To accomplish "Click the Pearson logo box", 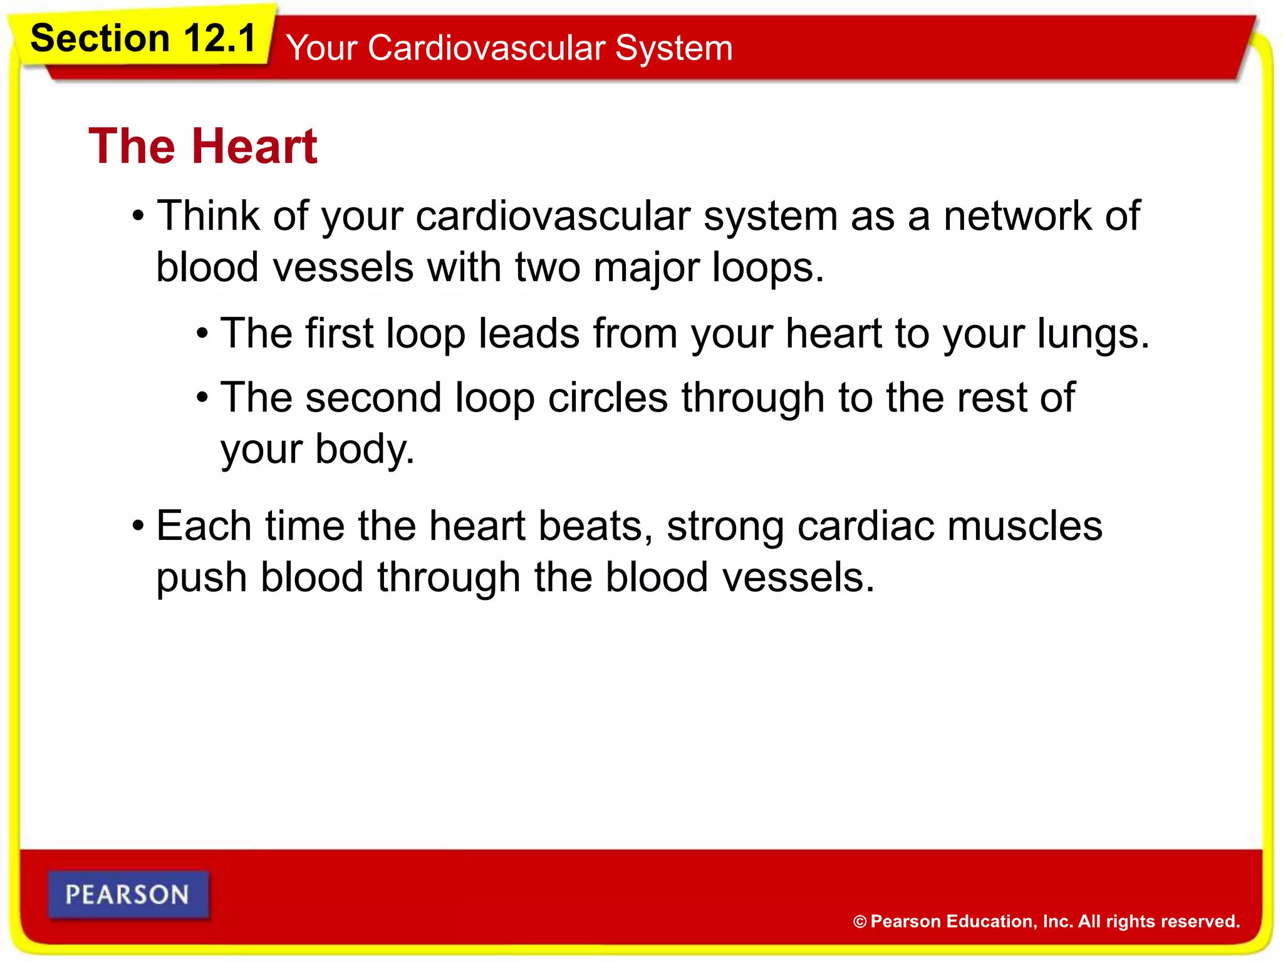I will coord(128,894).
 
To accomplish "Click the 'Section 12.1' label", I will coord(143,38).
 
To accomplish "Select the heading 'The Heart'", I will coord(203,146).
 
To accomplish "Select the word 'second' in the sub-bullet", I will coord(373,398).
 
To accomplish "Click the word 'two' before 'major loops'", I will coord(548,267).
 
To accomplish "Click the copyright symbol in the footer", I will coord(860,922).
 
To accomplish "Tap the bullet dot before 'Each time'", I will coord(138,526).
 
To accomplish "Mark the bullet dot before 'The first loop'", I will coord(202,334).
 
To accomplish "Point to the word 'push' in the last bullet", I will coord(202,578).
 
